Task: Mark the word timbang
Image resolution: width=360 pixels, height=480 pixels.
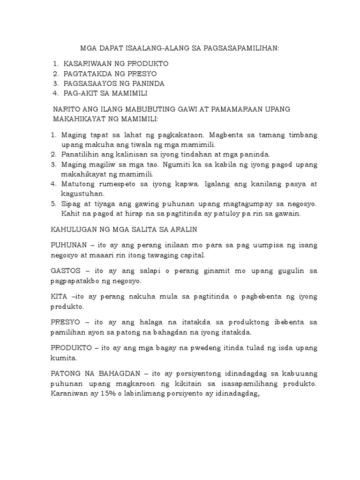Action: coord(301,135)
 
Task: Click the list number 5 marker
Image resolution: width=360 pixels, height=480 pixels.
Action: coord(53,204)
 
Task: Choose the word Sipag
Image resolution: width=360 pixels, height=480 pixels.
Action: coord(70,204)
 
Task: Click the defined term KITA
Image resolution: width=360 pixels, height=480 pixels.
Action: coord(59,297)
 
